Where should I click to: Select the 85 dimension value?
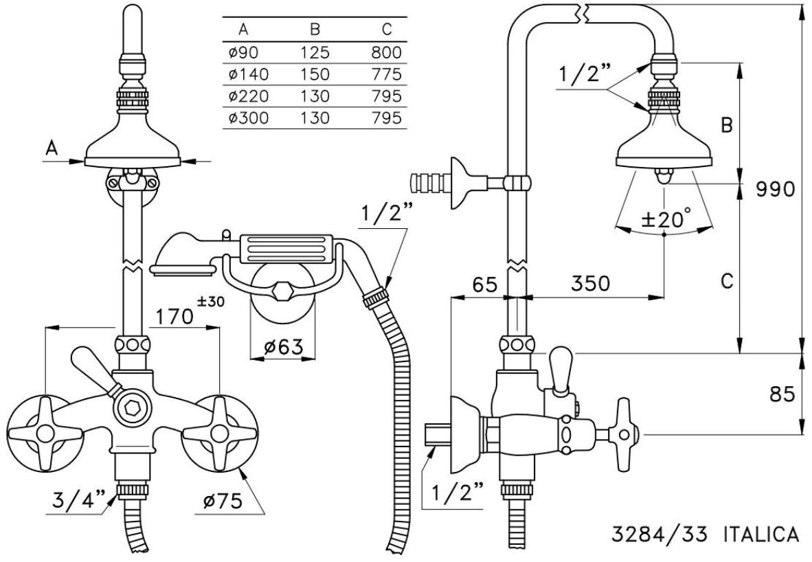point(781,394)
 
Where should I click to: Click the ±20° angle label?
point(665,220)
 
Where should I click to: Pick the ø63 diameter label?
point(283,347)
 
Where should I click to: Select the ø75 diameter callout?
point(221,501)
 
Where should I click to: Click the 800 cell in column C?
point(384,53)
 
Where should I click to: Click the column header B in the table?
point(315,30)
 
